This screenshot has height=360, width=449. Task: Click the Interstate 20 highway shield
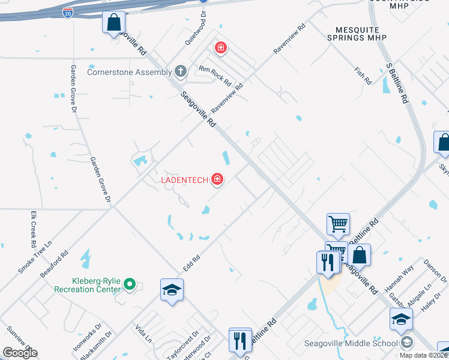(68, 12)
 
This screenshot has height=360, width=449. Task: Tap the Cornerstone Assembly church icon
(179, 72)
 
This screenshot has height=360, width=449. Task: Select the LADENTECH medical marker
(217, 179)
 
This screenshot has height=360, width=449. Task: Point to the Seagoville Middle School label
(351, 343)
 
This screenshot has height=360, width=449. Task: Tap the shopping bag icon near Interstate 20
(113, 23)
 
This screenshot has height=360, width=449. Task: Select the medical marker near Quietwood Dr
(220, 47)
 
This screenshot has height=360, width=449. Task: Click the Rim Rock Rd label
(215, 76)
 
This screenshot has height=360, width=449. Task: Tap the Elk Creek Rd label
(34, 229)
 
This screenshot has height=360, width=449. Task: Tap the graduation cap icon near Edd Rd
(172, 290)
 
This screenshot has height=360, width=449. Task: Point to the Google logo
(20, 353)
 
